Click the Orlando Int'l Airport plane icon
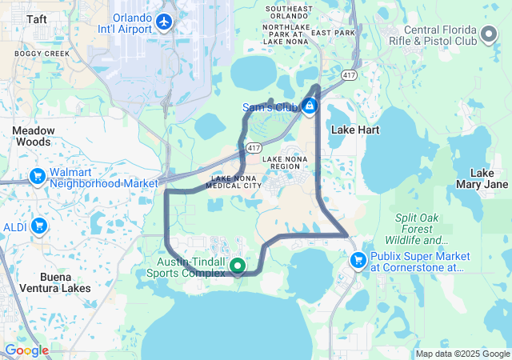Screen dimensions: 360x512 click(x=166, y=22)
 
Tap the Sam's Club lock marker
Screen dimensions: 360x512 click(x=310, y=106)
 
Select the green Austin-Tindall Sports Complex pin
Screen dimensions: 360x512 click(x=237, y=266)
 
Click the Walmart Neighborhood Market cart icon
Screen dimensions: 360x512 click(x=37, y=176)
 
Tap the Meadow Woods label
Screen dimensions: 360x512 click(x=34, y=136)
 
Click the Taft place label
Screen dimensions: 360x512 click(x=37, y=18)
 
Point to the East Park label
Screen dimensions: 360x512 click(x=333, y=33)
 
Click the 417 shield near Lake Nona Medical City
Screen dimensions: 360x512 click(x=254, y=148)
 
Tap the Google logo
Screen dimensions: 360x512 click(x=26, y=350)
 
